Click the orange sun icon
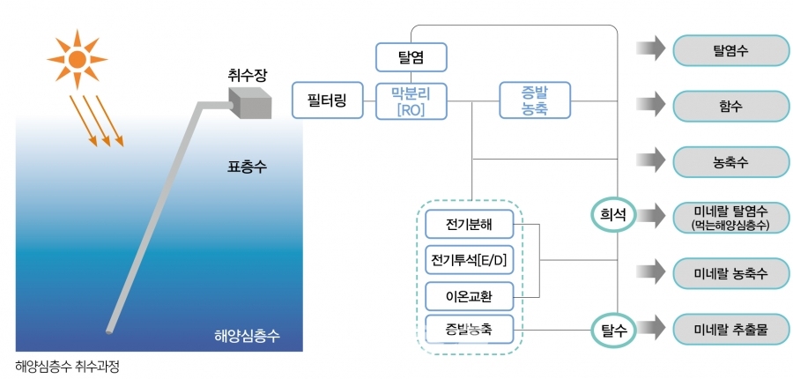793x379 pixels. (x=77, y=59)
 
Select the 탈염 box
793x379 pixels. (x=412, y=57)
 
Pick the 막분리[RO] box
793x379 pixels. (x=412, y=100)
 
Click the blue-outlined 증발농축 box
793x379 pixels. (x=534, y=100)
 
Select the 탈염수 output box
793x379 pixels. (x=730, y=50)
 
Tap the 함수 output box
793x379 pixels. (x=730, y=106)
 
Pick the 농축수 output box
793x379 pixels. (x=730, y=162)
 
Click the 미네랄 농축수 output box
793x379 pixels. (x=730, y=273)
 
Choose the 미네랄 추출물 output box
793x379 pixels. (x=730, y=331)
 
